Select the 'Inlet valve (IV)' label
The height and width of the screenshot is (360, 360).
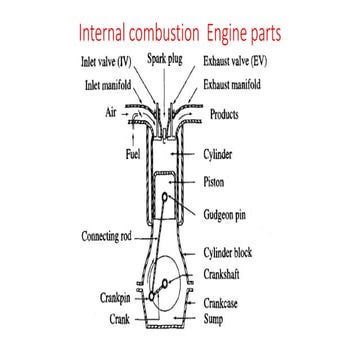(x=107, y=61)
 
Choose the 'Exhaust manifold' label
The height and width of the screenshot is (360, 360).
(x=246, y=87)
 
